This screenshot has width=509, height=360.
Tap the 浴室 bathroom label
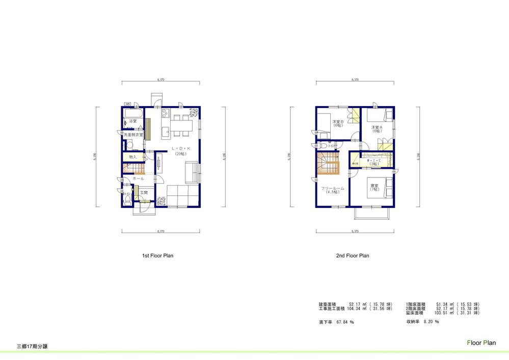tap(132, 121)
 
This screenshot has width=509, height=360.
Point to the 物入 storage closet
tap(132, 157)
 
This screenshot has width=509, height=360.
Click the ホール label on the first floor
tap(138, 179)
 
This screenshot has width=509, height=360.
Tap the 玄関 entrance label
tap(144, 193)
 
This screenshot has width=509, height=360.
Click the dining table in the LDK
tap(182, 125)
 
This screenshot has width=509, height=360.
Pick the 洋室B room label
tap(337, 122)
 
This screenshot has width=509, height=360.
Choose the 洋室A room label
tap(376, 127)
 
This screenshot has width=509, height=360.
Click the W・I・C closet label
tap(373, 161)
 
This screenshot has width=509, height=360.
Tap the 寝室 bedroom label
tap(374, 186)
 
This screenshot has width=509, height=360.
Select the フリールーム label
tap(333, 189)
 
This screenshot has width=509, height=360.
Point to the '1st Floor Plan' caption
tap(157, 256)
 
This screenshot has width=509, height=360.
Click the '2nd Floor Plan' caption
tap(353, 256)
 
